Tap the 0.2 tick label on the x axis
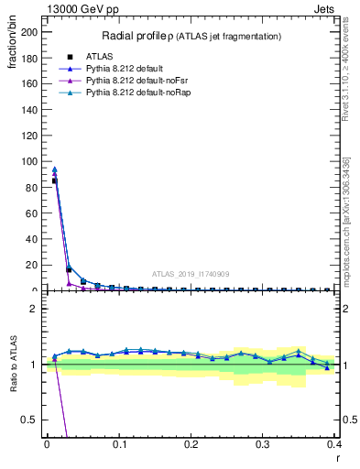[191, 444]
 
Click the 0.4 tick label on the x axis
[335, 444]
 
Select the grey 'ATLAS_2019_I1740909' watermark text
[192, 273]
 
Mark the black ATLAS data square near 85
[54, 180]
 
